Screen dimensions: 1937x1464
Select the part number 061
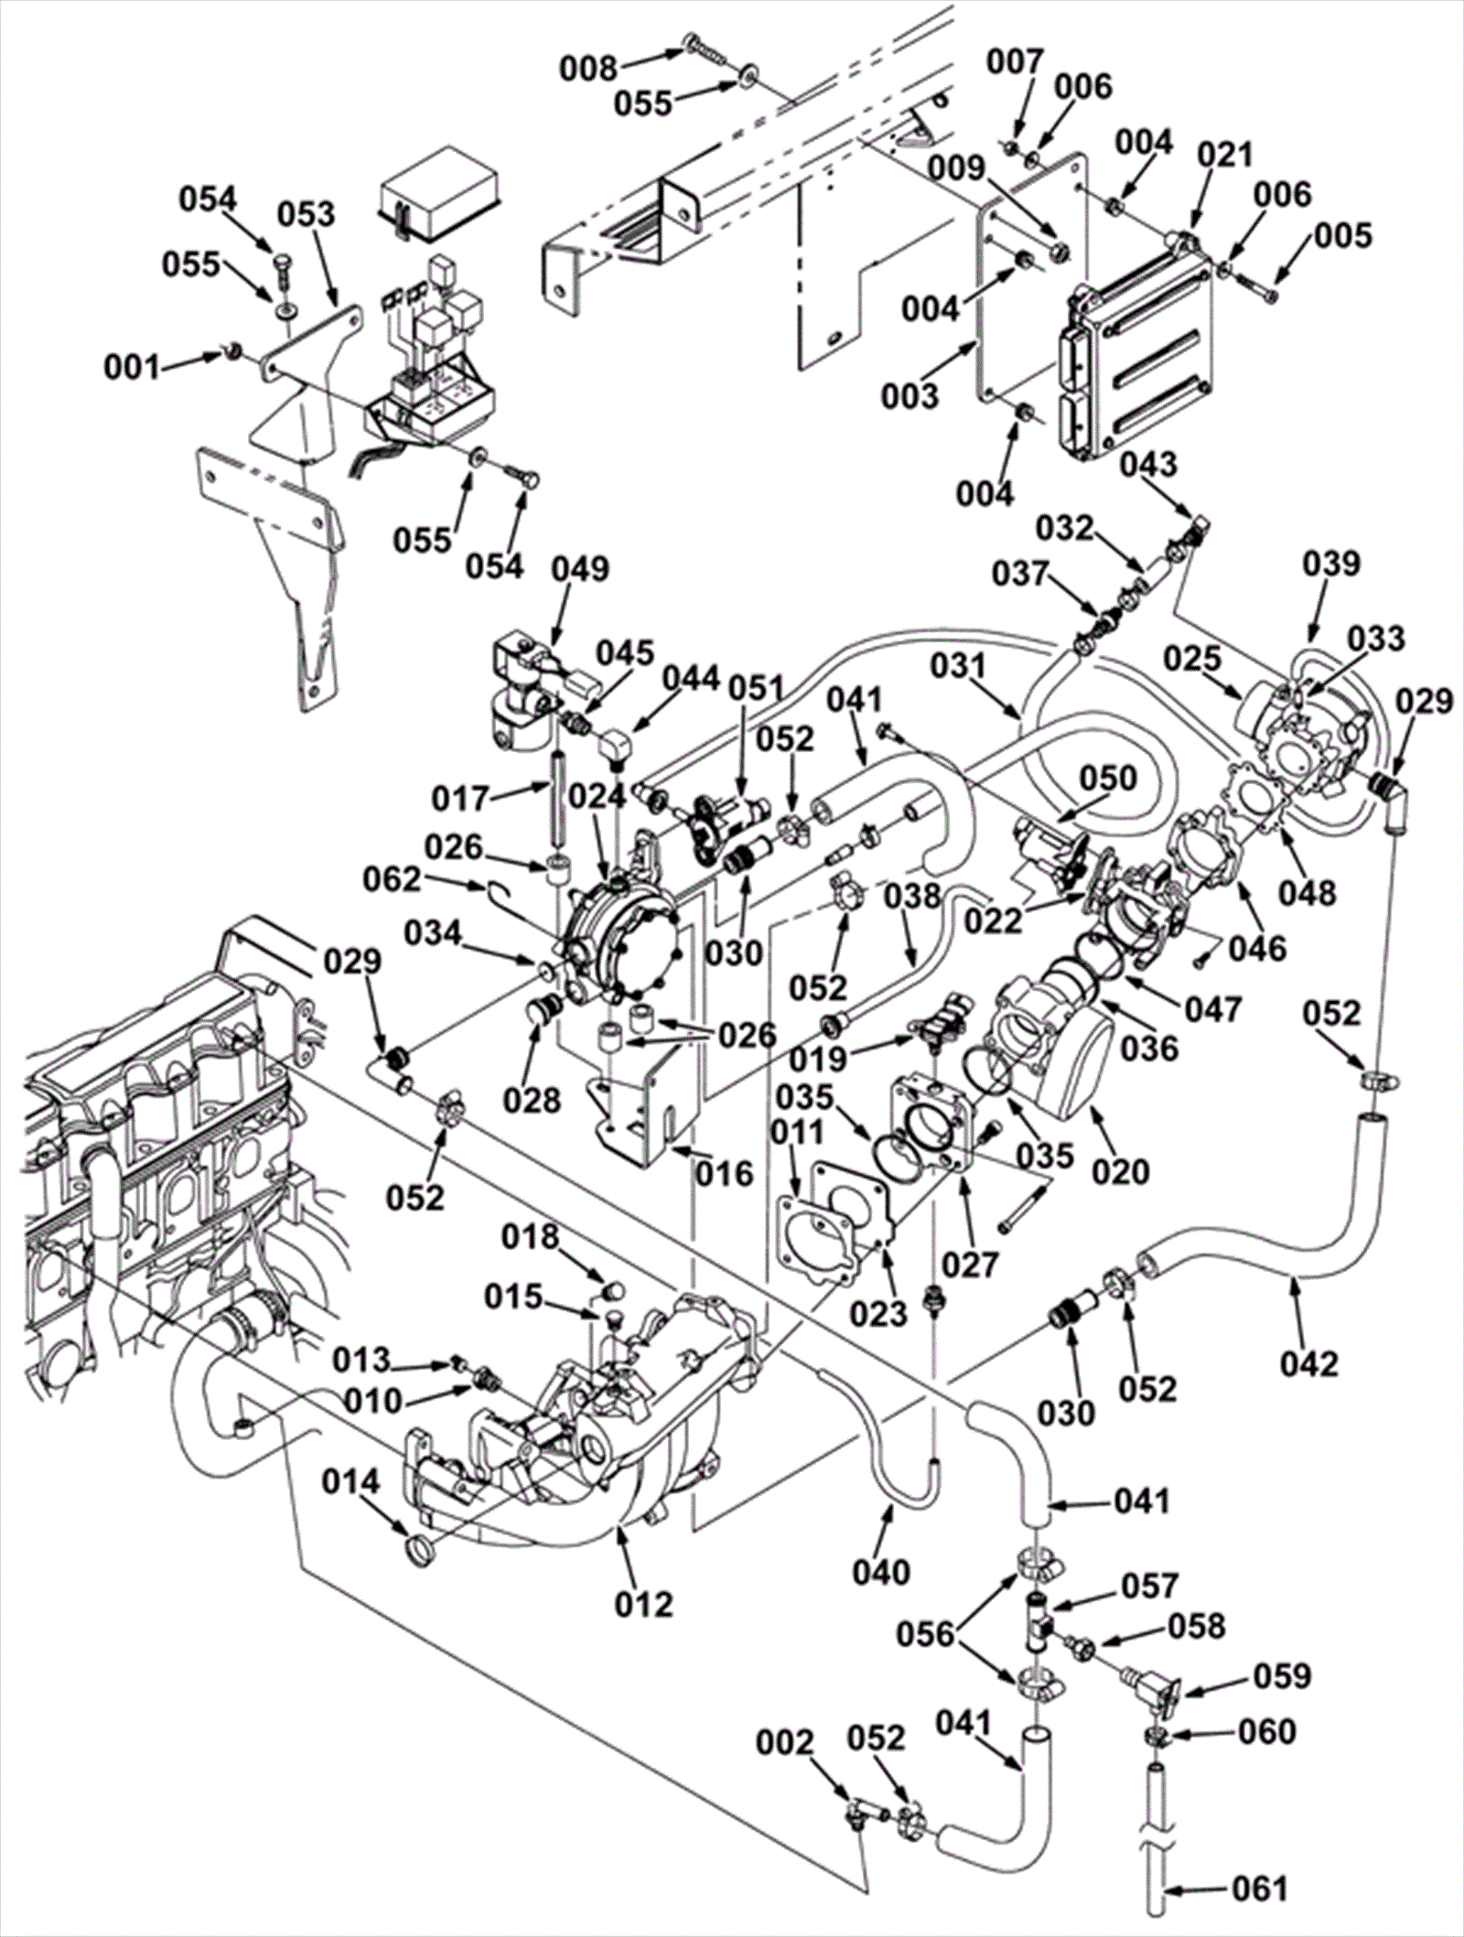1260,1888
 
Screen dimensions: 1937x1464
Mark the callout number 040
882,1572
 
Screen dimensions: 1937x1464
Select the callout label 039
1332,564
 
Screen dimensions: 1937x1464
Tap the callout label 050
1108,779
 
